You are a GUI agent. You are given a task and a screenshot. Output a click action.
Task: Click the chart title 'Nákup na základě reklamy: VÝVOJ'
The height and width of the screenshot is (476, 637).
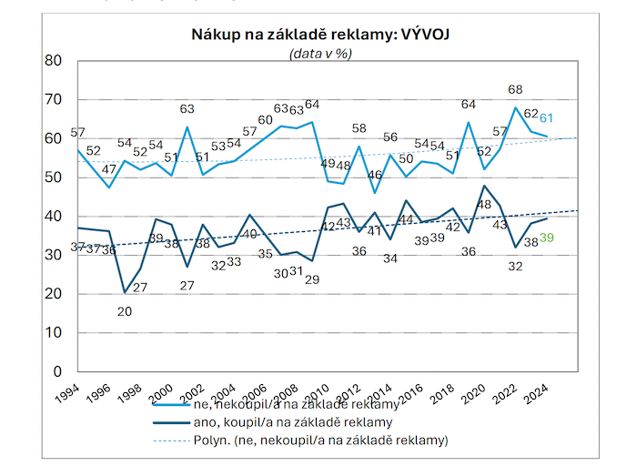point(318,35)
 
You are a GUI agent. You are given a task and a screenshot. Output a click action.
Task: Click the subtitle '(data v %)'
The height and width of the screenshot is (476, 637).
point(319,53)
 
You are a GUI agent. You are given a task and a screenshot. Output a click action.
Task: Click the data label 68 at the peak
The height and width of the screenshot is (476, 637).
point(516,90)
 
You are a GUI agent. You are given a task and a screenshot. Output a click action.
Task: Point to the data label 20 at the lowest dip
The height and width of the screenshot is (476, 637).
point(124,311)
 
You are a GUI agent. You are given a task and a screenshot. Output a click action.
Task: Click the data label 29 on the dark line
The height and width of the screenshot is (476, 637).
point(311,279)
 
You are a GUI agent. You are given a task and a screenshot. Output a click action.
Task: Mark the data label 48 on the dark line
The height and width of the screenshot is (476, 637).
point(485,205)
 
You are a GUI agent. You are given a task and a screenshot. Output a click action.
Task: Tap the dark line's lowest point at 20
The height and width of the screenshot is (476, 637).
point(124,293)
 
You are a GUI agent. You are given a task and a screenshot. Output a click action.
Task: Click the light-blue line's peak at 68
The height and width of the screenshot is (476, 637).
point(516,107)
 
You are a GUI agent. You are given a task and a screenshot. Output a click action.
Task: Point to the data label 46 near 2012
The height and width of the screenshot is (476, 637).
point(374,174)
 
